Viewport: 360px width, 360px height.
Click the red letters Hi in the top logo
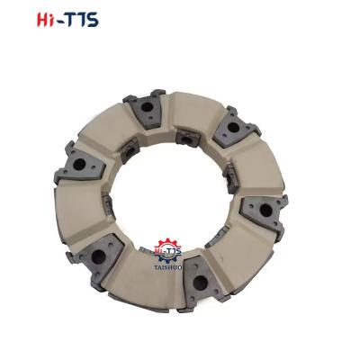[49, 20]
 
